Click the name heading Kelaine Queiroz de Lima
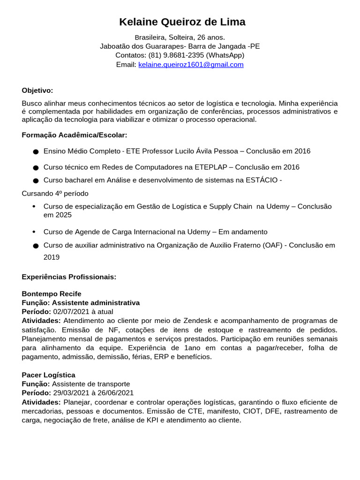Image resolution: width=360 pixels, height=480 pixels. point(182,22)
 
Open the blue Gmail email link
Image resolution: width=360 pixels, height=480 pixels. point(191,65)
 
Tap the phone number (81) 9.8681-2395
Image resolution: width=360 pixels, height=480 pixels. point(176,55)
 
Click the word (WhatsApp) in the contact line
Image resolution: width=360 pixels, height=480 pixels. point(225,55)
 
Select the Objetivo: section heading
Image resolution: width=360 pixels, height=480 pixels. point(37,90)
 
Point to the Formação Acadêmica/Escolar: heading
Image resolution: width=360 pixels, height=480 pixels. point(75,135)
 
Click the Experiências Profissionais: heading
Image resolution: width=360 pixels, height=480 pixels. point(69,277)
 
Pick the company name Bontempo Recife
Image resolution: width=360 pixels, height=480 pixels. point(52,294)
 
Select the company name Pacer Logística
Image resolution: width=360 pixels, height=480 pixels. point(48,375)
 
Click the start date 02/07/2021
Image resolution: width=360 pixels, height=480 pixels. point(69,312)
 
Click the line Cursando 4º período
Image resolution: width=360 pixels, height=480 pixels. point(55,194)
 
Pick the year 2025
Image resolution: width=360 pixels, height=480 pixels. point(64,215)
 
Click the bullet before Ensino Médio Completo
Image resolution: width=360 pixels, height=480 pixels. point(36,152)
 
